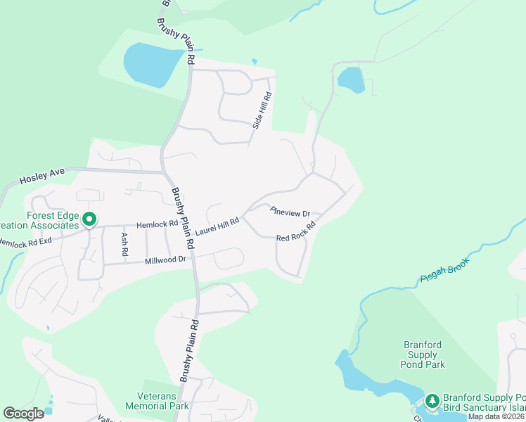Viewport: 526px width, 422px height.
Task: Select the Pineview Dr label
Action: click(x=290, y=210)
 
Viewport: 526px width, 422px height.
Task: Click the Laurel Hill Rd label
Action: click(x=217, y=226)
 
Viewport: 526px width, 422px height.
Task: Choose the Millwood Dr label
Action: click(x=165, y=260)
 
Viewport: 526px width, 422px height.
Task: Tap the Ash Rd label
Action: click(x=124, y=243)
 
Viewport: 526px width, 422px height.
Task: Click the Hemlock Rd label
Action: click(x=157, y=223)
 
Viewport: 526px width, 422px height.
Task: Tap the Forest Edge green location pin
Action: click(x=89, y=220)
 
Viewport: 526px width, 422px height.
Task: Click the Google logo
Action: click(x=23, y=414)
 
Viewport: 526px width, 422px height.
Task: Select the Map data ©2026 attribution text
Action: click(x=496, y=416)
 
